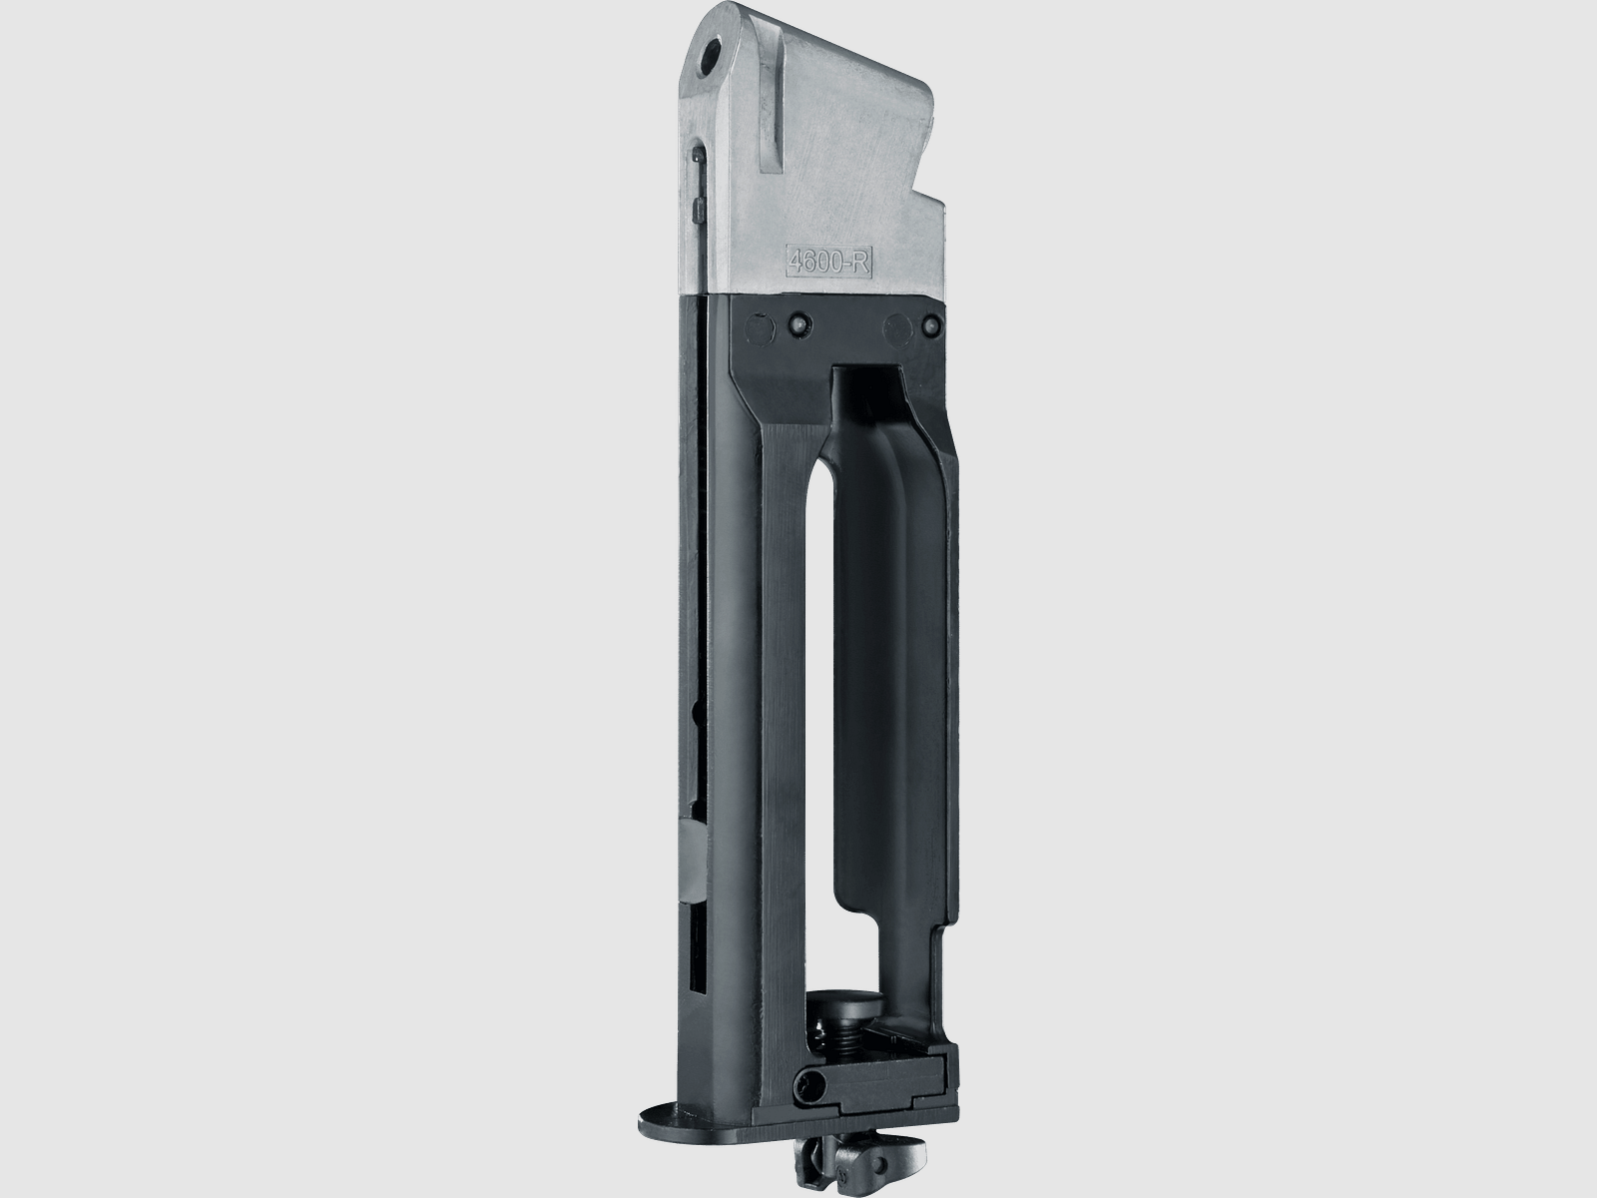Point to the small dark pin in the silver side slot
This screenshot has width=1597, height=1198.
(696, 181)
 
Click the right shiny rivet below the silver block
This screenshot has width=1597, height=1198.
(930, 323)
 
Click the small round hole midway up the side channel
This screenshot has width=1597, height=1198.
(693, 711)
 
